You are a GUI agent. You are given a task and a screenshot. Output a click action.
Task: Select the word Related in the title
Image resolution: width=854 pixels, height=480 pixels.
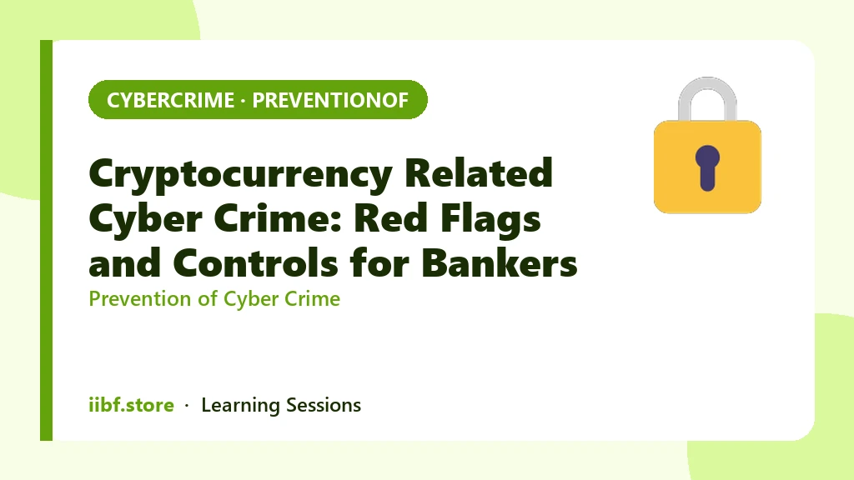click(x=478, y=172)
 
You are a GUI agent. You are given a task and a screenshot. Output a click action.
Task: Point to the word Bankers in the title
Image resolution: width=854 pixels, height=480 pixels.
click(x=500, y=262)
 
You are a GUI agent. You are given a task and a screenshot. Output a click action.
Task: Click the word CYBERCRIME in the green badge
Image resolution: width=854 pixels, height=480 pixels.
click(x=170, y=100)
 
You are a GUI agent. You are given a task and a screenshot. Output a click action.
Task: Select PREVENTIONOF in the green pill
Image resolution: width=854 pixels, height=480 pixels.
click(x=330, y=100)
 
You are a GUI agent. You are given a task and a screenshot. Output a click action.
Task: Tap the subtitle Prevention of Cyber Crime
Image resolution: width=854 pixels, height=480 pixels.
click(x=214, y=299)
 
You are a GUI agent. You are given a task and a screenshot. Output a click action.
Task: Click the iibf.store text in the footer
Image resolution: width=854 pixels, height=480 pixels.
click(x=131, y=405)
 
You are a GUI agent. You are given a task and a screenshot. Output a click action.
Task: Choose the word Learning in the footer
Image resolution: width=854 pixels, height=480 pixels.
click(x=240, y=406)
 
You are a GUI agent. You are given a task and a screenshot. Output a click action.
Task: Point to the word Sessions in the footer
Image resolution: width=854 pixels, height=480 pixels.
click(x=324, y=405)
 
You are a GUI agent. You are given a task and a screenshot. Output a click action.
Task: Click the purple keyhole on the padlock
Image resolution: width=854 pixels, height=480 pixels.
click(x=707, y=167)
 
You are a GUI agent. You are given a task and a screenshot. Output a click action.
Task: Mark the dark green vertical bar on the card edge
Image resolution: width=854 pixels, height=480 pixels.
click(x=47, y=240)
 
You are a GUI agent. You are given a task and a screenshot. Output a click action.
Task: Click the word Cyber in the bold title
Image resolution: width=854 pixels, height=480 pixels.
click(x=145, y=220)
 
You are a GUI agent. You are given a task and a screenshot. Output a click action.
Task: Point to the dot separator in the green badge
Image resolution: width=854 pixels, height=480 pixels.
click(x=243, y=101)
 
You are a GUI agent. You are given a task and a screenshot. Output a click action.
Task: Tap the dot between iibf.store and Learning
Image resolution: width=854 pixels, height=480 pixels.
click(x=187, y=406)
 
